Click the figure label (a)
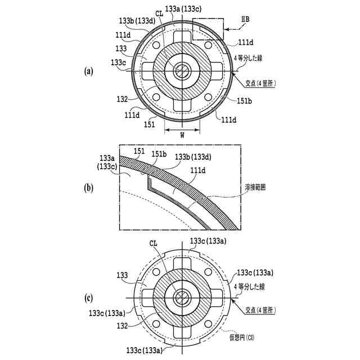coord(89,71)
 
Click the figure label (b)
coord(89,188)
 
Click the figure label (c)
coord(89,298)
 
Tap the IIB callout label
coord(245,19)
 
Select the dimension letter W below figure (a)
coord(182,135)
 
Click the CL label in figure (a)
coord(159,13)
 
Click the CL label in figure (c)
coord(153,244)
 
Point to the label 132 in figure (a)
coord(122,99)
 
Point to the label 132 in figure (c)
coord(122,326)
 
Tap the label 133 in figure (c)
coord(122,275)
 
